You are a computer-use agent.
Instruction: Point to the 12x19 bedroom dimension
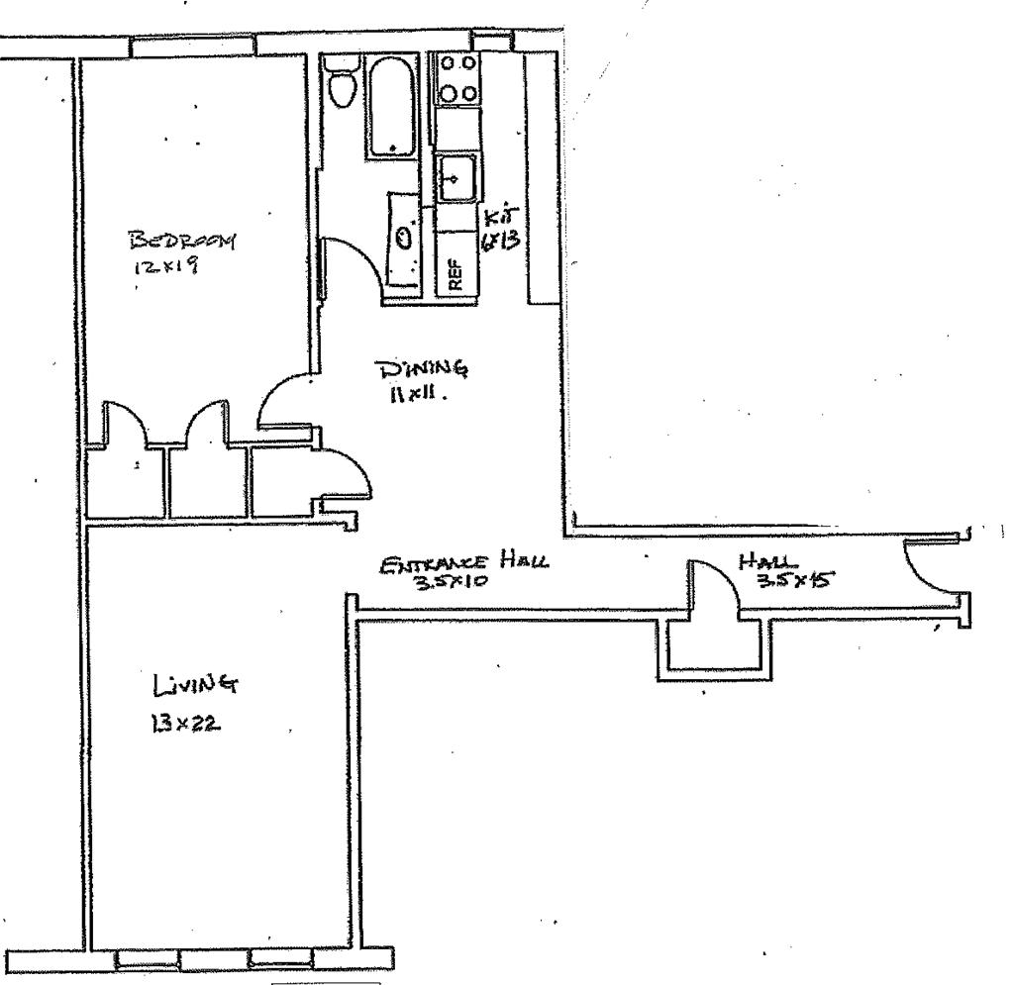click(x=164, y=265)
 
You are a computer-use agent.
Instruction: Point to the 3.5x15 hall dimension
click(x=792, y=582)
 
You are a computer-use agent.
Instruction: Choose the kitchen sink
click(x=457, y=179)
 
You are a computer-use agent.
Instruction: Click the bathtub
click(x=394, y=106)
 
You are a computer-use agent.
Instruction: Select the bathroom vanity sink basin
click(x=403, y=238)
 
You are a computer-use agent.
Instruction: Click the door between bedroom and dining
click(x=285, y=400)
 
